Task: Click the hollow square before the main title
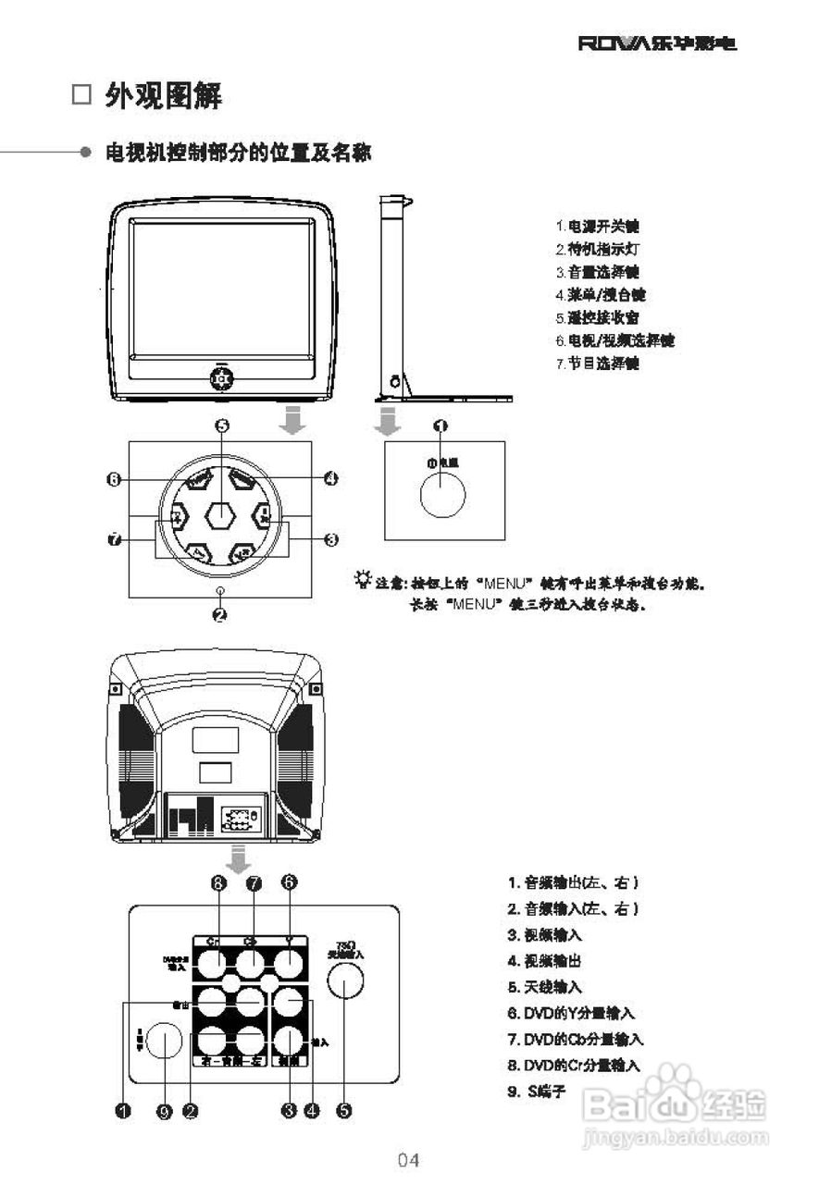tap(82, 95)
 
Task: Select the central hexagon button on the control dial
tap(220, 515)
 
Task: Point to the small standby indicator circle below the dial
tap(220, 589)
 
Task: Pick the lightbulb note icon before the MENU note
tap(361, 581)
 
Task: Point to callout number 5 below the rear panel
tap(344, 1111)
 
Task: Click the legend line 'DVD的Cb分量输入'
tap(575, 1040)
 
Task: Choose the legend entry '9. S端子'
tap(536, 1091)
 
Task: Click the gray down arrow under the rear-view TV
tap(240, 858)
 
